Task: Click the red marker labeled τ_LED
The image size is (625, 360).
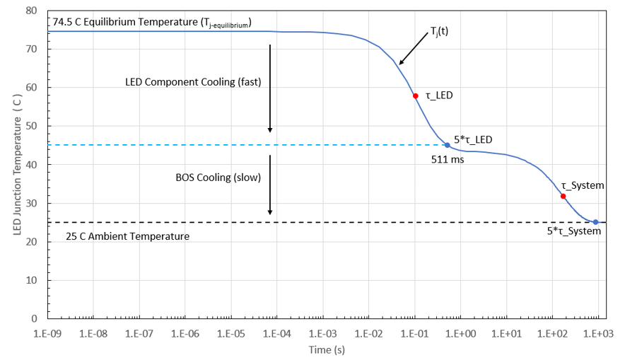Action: click(416, 95)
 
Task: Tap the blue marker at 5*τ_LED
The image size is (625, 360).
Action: click(447, 145)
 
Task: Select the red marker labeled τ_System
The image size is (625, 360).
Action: click(563, 196)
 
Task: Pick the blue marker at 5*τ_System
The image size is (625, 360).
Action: click(595, 222)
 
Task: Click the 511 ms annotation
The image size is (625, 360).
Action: click(448, 159)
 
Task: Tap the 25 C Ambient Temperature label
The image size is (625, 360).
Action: click(127, 236)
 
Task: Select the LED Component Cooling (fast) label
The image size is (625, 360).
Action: click(189, 81)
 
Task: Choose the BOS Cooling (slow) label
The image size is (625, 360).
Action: click(218, 178)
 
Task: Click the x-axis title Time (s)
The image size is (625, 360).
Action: click(326, 349)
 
